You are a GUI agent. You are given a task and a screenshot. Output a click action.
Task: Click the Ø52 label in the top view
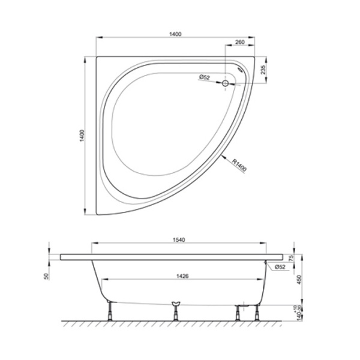coord(204,77)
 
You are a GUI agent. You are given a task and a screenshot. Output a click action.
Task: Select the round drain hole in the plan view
coord(226,84)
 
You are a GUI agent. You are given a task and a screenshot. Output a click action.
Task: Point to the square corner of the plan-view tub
coord(97,59)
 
